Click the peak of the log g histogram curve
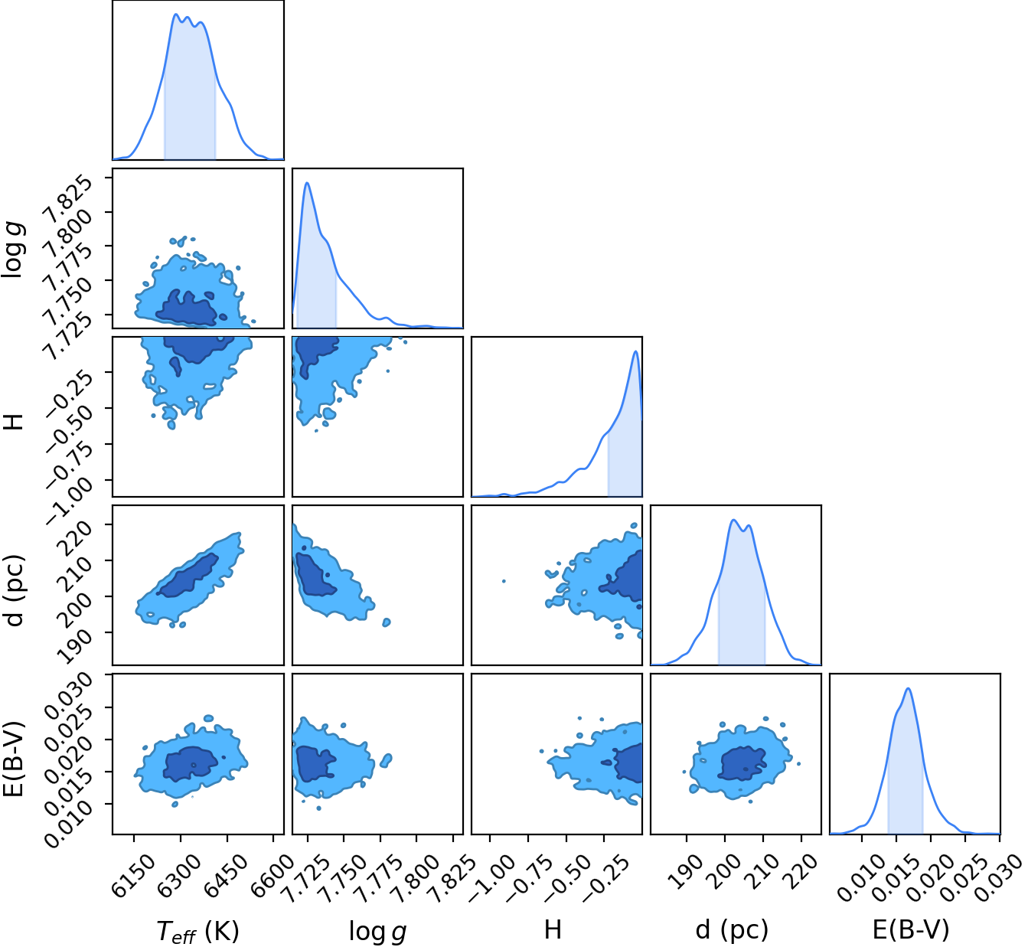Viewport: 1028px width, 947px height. pos(307,182)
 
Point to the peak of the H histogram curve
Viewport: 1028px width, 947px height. pos(635,351)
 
